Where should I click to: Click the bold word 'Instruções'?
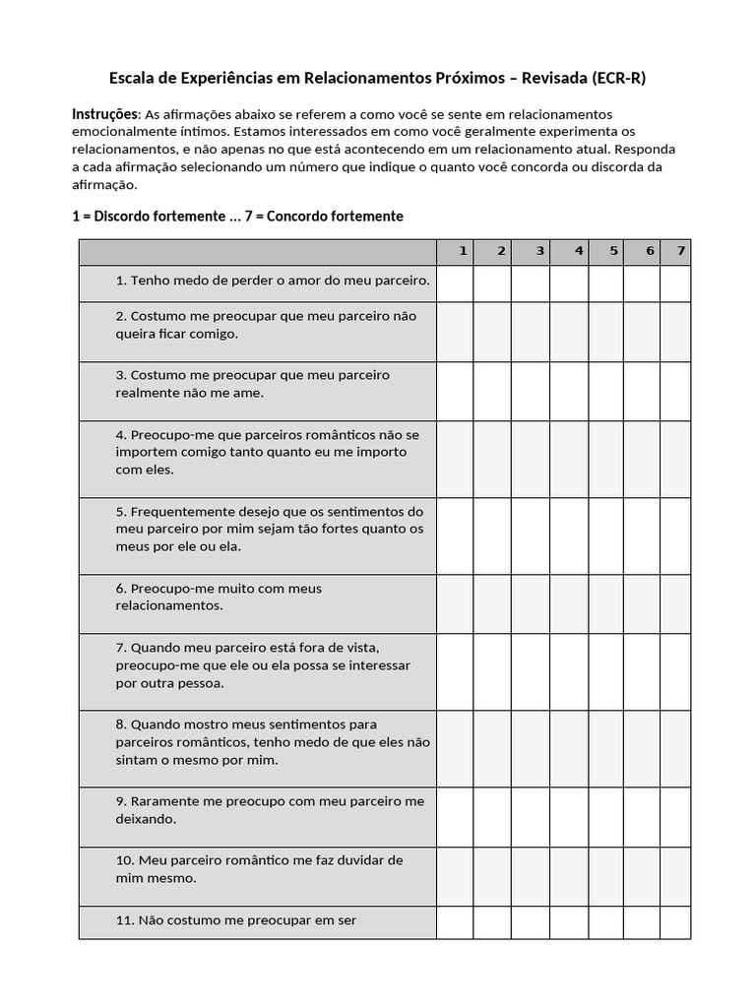[x=104, y=114]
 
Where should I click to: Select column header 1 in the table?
[x=462, y=251]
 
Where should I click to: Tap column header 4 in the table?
[x=579, y=251]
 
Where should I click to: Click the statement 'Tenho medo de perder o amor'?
[x=273, y=281]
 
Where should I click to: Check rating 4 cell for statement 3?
[x=569, y=391]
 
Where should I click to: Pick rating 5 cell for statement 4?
[x=605, y=459]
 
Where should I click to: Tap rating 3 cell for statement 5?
[x=531, y=535]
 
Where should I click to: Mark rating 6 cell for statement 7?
[x=641, y=671]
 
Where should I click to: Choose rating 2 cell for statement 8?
[x=492, y=748]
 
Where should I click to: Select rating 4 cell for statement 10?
[x=569, y=875]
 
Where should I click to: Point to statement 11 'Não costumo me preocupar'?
[x=235, y=920]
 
